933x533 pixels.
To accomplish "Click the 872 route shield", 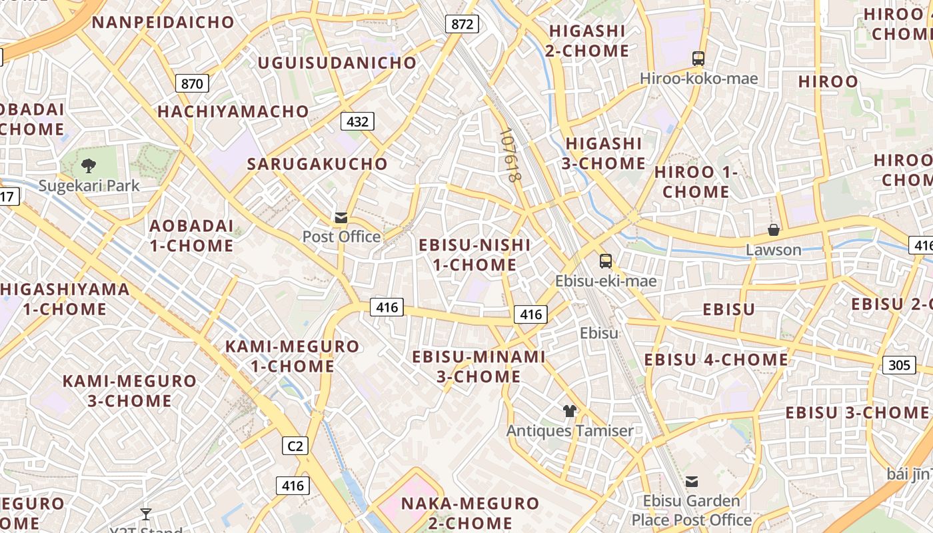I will click(x=462, y=25).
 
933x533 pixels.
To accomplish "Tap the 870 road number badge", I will click(x=192, y=83).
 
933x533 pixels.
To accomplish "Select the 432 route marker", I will click(x=357, y=121).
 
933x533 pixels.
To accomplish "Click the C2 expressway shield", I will click(x=295, y=446).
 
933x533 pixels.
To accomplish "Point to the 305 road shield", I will click(x=899, y=364).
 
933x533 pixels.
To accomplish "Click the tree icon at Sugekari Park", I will click(x=88, y=166).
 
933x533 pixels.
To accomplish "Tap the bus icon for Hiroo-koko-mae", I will click(x=698, y=59).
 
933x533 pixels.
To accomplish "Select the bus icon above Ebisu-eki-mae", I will click(x=605, y=261).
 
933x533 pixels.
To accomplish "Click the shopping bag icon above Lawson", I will click(x=773, y=231).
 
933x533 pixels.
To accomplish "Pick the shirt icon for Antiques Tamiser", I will click(x=569, y=411).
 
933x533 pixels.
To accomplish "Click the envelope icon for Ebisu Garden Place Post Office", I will click(x=692, y=481).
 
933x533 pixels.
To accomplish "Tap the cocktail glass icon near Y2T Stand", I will click(x=146, y=514).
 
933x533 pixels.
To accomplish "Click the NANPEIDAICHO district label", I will click(x=163, y=22).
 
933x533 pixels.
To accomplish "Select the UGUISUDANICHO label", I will click(x=337, y=63).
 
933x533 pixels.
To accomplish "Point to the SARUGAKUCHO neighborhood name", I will click(x=317, y=164).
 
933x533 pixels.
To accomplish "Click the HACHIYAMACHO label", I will click(x=233, y=111).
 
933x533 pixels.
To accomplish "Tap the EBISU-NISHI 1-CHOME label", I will click(x=474, y=255).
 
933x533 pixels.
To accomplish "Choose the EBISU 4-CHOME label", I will click(x=716, y=360).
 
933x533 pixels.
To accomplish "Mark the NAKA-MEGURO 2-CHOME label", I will click(x=469, y=512).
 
